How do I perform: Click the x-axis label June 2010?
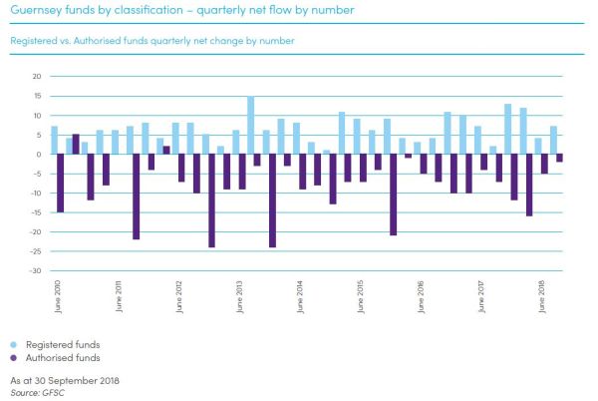tap(58, 297)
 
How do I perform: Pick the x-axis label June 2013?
tap(239, 297)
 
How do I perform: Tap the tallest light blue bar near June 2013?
tap(251, 125)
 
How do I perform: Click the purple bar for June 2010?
tap(61, 184)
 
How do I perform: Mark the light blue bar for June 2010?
tap(54, 140)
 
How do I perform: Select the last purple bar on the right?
tap(560, 158)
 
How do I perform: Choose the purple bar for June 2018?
tap(545, 164)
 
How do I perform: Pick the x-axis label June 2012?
tap(179, 297)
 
